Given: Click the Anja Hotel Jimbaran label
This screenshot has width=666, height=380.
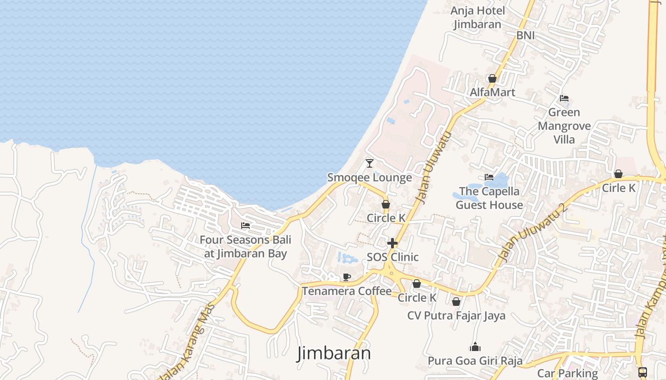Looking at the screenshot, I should click(x=477, y=18).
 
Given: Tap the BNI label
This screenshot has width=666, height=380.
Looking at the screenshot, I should click(x=526, y=35).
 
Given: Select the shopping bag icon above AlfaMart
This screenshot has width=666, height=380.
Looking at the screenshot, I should click(x=492, y=78).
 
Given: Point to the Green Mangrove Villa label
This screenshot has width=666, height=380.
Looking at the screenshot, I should click(x=564, y=126).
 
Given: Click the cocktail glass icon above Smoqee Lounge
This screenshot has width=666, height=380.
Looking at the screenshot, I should click(x=370, y=163).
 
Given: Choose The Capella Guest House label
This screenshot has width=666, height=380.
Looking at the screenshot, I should click(x=490, y=198).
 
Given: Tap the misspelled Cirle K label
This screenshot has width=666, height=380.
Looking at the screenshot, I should click(x=618, y=188).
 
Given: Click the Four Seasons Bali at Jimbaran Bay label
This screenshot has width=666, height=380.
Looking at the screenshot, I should click(x=245, y=247).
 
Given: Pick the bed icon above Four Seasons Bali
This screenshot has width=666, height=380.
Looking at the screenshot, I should click(x=245, y=225).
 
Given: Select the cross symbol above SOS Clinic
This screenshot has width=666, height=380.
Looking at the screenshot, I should click(x=392, y=244).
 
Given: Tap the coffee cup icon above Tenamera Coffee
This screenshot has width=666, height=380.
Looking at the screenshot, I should click(x=347, y=277).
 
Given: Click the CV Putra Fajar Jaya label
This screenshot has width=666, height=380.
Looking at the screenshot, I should click(x=456, y=315).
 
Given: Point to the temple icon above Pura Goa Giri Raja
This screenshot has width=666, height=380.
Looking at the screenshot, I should click(x=475, y=347).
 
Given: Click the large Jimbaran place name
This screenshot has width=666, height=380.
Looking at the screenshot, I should click(x=334, y=353).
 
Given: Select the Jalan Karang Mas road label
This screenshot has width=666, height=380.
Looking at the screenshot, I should click(x=187, y=342).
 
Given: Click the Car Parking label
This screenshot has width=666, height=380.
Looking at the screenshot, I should click(x=568, y=373).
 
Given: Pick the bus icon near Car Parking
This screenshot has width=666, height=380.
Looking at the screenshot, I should click(x=642, y=372).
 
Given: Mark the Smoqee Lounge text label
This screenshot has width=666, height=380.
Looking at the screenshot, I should click(x=370, y=178).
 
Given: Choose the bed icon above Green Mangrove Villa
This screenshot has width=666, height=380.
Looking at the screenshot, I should click(x=564, y=98).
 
